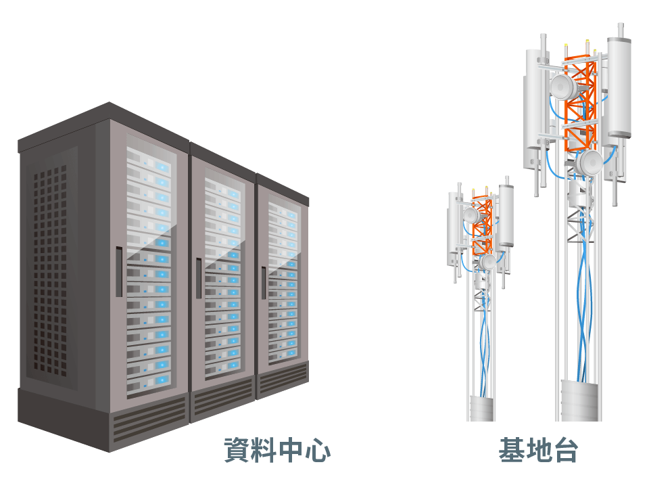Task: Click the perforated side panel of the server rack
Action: (x=51, y=271)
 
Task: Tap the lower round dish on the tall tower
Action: (x=590, y=162)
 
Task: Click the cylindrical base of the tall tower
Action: (x=581, y=401)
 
